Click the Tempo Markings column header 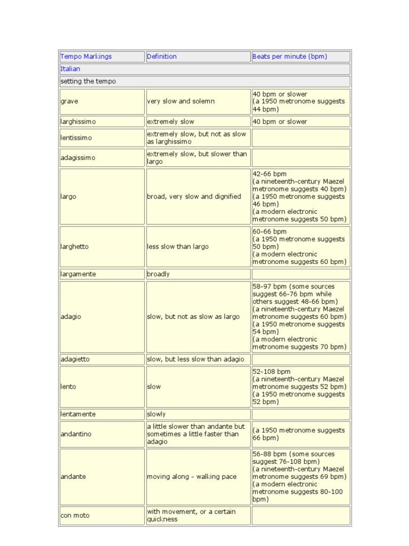coord(86,57)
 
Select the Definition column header coord(162,57)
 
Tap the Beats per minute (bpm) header coord(290,57)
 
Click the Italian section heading coord(70,69)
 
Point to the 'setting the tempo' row coord(88,82)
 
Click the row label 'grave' coord(69,101)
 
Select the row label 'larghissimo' coord(78,122)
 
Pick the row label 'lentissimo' coord(76,138)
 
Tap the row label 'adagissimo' coord(78,158)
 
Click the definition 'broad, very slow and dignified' coord(194,196)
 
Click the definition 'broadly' coord(158,274)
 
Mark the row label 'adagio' coord(71,317)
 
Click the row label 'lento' coord(68,387)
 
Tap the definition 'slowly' coord(156,414)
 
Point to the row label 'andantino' coord(76,434)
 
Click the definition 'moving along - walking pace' coord(192,477)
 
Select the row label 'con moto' coord(75,516)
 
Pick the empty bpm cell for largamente coord(301,274)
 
